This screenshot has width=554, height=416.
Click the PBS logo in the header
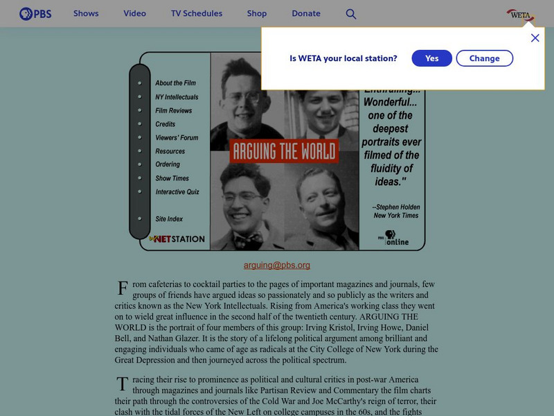pyautogui.click(x=35, y=14)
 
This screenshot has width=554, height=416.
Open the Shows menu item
pyautogui.click(x=86, y=14)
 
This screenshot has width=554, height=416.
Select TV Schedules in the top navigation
pyautogui.click(x=197, y=14)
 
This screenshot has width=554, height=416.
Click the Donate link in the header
pyautogui.click(x=306, y=14)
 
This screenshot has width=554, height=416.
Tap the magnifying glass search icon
pyautogui.click(x=351, y=14)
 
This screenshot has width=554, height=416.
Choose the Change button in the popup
pyautogui.click(x=485, y=58)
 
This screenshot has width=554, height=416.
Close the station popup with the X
pyautogui.click(x=535, y=38)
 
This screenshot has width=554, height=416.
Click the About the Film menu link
pyautogui.click(x=175, y=83)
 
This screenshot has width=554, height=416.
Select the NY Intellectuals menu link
pyautogui.click(x=177, y=97)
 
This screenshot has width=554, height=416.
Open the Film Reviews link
pyautogui.click(x=173, y=110)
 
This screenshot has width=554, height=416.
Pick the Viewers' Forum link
pyautogui.click(x=177, y=137)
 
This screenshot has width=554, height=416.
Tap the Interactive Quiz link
pyautogui.click(x=177, y=191)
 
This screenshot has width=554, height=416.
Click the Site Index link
pyautogui.click(x=169, y=218)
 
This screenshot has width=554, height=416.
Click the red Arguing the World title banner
pyautogui.click(x=284, y=151)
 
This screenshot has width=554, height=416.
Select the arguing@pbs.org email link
pyautogui.click(x=276, y=265)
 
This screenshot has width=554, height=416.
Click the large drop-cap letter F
pyautogui.click(x=123, y=288)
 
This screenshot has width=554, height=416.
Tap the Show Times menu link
pyautogui.click(x=172, y=178)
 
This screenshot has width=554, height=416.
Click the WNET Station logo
pyautogui.click(x=178, y=239)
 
